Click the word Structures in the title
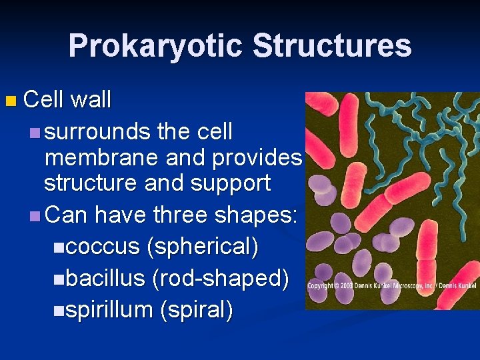332,46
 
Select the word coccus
103,247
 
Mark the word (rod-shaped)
221,278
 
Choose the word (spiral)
196,310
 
